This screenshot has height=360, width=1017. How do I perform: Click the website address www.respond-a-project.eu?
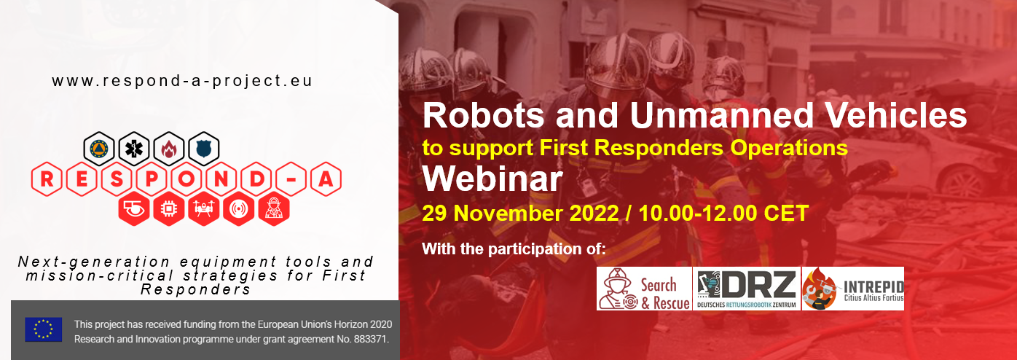[182, 81]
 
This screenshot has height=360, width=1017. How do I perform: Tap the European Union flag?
[44, 329]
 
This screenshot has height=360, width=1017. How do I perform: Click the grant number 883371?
[369, 340]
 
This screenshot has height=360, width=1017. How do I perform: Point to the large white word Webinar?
[492, 179]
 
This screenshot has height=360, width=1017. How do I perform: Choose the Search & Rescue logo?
[644, 289]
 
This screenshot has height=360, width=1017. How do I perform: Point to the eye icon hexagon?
[134, 210]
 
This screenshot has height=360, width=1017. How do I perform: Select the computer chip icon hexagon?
[168, 210]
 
